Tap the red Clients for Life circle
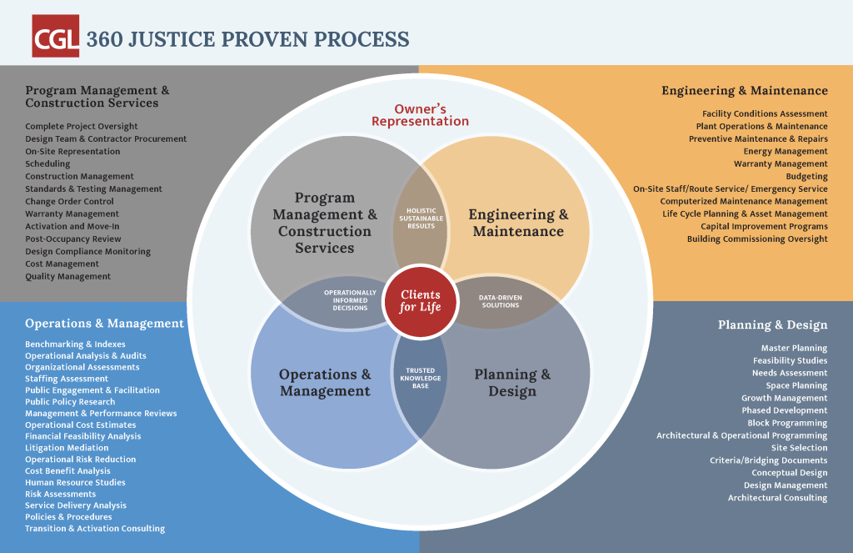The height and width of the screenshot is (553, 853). (x=421, y=301)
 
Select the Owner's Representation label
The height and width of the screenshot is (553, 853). (x=420, y=115)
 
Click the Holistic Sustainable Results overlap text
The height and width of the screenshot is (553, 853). (x=421, y=218)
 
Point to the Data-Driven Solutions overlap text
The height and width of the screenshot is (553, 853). (x=500, y=301)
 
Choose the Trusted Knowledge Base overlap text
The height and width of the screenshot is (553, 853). (x=421, y=378)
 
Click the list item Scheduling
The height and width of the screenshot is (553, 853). (x=47, y=164)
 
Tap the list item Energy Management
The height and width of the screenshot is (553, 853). (x=786, y=152)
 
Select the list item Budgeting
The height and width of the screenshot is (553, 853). (x=806, y=177)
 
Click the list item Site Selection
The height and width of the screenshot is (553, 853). (x=799, y=448)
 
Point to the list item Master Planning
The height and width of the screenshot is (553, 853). (x=794, y=348)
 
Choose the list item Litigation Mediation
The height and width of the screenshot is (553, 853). (x=67, y=448)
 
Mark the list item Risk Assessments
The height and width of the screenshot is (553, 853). (x=60, y=494)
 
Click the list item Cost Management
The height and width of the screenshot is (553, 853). (x=62, y=264)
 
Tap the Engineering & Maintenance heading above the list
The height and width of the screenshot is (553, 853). (x=744, y=91)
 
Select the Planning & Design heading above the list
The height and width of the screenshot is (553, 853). (x=772, y=324)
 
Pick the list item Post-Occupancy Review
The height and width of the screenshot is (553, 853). (x=72, y=239)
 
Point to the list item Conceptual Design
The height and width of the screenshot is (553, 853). (x=789, y=473)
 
